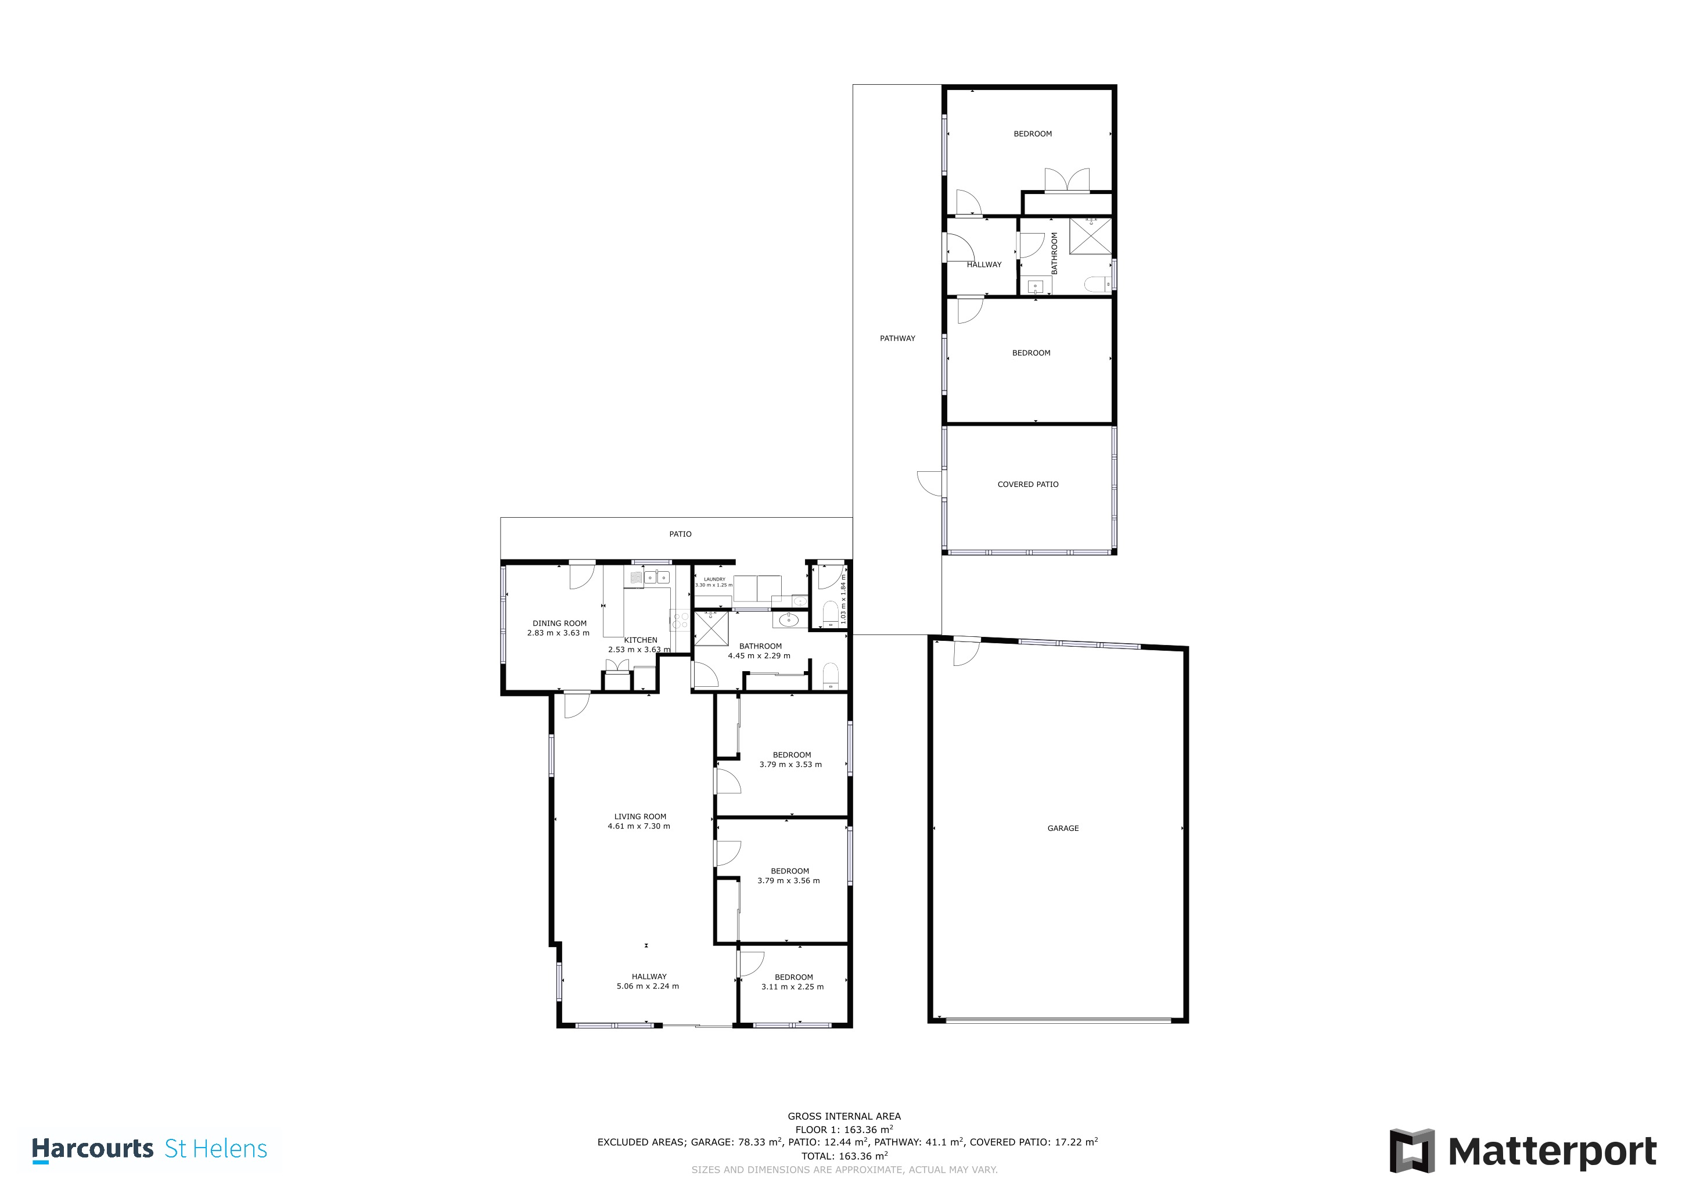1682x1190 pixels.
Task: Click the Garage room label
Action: tap(1062, 828)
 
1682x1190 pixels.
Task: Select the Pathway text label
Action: tap(897, 339)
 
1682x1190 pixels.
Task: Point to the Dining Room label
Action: tap(559, 623)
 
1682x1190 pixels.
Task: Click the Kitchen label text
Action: tap(640, 640)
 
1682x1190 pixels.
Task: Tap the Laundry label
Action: tap(714, 579)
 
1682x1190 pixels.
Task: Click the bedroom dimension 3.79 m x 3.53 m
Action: tap(790, 764)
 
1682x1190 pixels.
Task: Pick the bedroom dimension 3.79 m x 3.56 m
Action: tap(788, 881)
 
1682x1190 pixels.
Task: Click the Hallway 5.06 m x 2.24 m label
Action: tap(648, 981)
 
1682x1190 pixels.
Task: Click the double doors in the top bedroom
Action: tap(1066, 180)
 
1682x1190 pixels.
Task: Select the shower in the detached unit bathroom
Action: tap(1090, 236)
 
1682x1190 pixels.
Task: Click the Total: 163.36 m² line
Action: tap(844, 1156)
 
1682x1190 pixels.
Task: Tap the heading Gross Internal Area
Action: tap(844, 1117)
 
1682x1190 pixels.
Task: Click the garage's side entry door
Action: tap(965, 652)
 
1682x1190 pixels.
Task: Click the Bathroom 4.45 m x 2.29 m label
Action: tap(760, 651)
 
